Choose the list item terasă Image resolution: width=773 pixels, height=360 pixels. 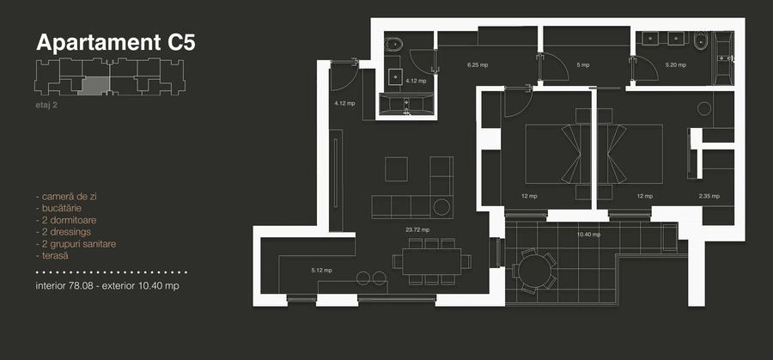click(56, 256)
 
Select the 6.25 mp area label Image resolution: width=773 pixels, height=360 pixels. click(478, 65)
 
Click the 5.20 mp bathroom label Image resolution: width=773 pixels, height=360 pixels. click(676, 65)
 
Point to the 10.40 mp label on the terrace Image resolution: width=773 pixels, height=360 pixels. click(588, 234)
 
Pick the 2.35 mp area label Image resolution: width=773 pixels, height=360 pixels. click(709, 196)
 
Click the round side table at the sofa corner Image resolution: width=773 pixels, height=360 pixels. click(443, 207)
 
